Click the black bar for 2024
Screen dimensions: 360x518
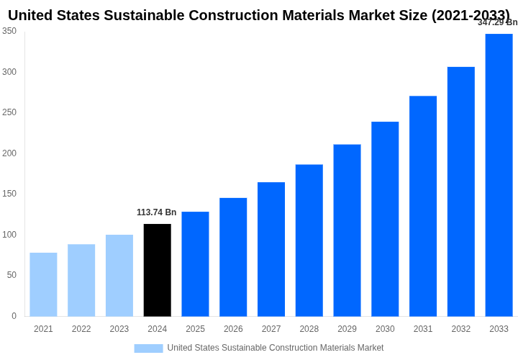[x=158, y=270]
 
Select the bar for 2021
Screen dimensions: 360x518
[x=43, y=284]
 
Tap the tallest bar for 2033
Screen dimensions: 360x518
[x=499, y=175]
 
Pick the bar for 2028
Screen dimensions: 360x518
[x=309, y=240]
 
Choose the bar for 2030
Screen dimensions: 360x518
[x=385, y=219]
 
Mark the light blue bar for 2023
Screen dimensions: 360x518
[x=119, y=275]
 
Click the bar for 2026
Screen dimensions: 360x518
[x=233, y=257]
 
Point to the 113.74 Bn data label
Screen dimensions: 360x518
[x=156, y=212]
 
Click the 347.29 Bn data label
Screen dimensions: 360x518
[x=497, y=22]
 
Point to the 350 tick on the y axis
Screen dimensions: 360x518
[x=9, y=31]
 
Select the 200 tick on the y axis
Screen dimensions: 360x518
[x=9, y=153]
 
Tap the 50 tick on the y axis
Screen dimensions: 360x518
[x=12, y=275]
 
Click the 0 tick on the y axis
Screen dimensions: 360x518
[x=14, y=316]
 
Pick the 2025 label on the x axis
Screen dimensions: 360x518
[x=195, y=329]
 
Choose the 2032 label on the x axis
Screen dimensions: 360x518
[x=461, y=329]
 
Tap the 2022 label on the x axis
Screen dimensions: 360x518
[x=81, y=329]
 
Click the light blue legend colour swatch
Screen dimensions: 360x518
[x=148, y=348]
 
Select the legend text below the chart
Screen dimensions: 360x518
[x=276, y=348]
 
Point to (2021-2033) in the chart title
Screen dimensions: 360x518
[x=471, y=15]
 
